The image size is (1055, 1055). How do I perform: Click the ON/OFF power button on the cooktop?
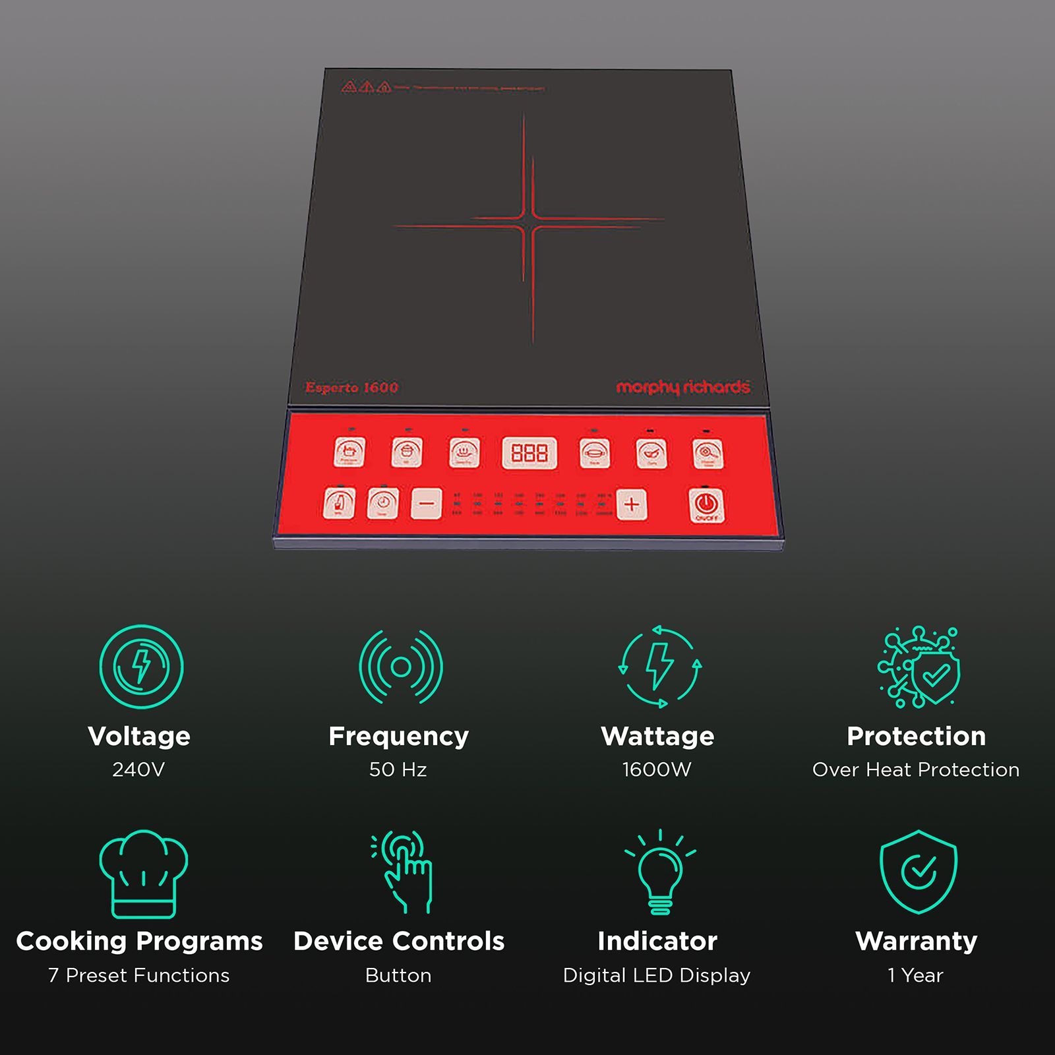coord(706,505)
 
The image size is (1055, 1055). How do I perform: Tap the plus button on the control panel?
coord(631,504)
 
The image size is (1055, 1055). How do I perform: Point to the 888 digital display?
coord(529,453)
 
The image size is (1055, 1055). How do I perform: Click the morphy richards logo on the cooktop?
coord(682,387)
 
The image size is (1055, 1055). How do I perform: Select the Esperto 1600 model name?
coord(351,388)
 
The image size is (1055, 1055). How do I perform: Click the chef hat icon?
coord(143,874)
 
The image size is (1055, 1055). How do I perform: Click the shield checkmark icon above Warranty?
coord(918,872)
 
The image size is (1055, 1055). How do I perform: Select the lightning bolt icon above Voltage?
coord(141,667)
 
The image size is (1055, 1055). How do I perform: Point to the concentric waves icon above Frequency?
coord(401,667)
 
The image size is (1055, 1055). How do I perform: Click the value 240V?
coord(138,769)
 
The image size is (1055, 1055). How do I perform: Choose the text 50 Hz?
coord(398,769)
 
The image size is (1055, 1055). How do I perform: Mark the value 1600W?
coord(657,769)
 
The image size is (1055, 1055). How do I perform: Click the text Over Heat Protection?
coord(916,769)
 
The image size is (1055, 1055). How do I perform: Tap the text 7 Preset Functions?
coord(139,975)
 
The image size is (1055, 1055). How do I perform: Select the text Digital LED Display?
coord(657,975)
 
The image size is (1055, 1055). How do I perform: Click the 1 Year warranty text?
coord(916,975)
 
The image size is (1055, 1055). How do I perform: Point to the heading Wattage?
coord(657,736)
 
